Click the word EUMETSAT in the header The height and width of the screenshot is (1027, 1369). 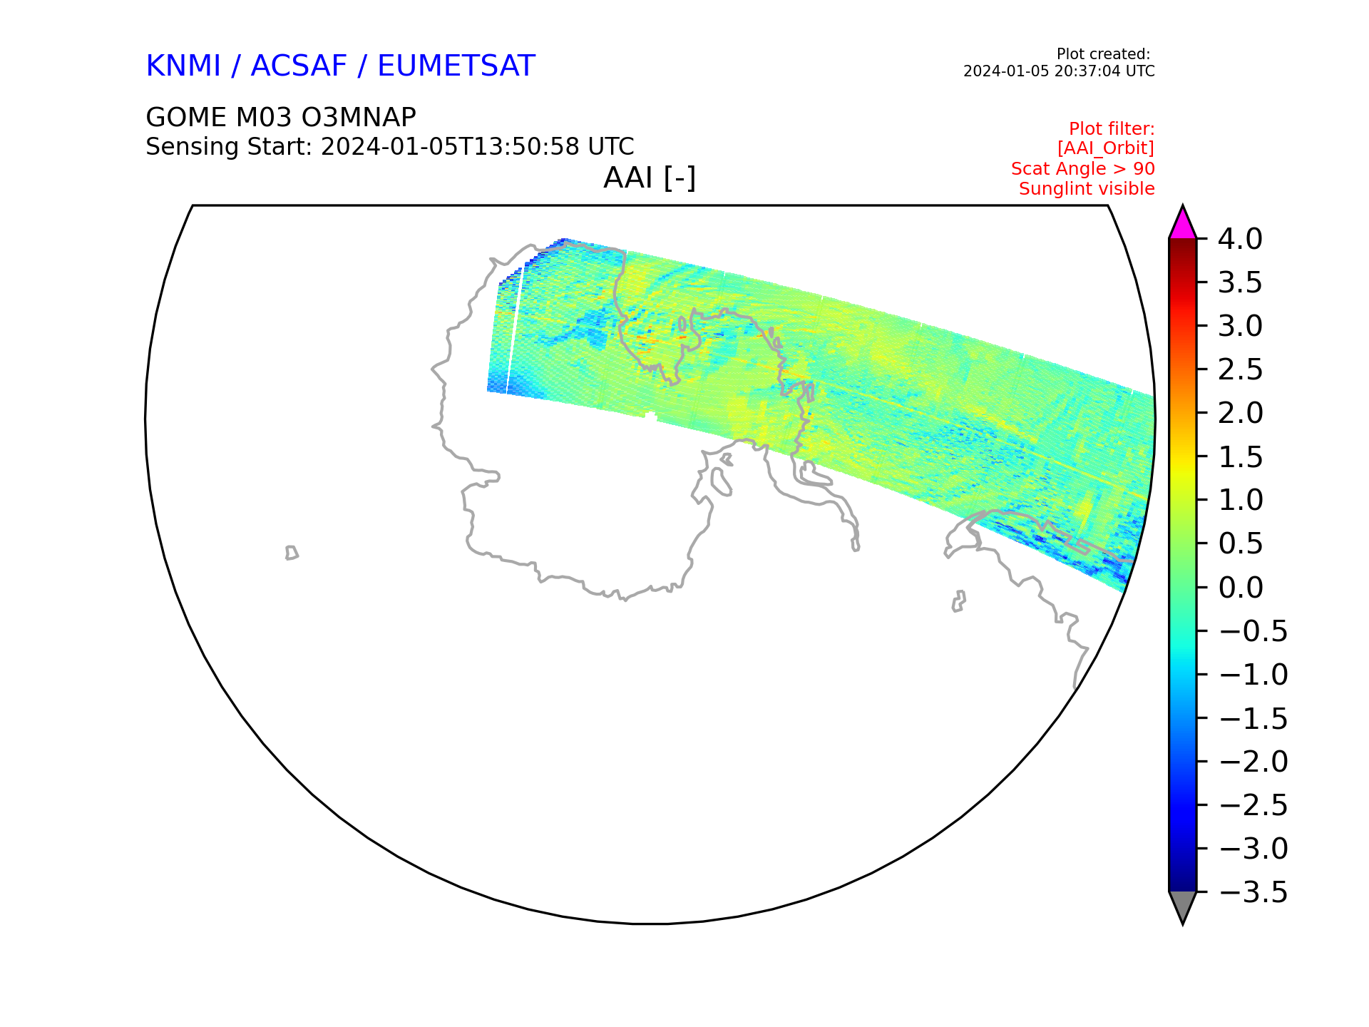(x=456, y=66)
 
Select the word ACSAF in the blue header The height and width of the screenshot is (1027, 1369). (x=299, y=66)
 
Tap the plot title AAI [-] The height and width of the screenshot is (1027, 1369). (x=650, y=178)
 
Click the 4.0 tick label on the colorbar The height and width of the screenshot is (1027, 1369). (x=1240, y=239)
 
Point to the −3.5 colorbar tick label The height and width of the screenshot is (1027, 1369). (x=1253, y=892)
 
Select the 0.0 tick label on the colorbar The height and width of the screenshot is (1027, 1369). (x=1240, y=588)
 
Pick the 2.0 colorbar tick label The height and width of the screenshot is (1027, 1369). (x=1240, y=413)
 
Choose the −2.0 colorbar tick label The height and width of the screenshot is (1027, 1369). (x=1253, y=762)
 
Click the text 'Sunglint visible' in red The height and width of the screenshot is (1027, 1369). (x=1087, y=189)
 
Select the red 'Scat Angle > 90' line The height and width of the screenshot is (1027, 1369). (x=1083, y=169)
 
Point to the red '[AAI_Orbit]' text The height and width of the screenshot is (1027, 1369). (x=1106, y=148)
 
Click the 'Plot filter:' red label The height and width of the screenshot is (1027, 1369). (x=1112, y=129)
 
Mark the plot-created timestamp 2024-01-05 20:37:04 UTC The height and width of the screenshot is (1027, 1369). (x=1059, y=71)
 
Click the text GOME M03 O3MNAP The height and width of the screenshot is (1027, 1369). (x=281, y=117)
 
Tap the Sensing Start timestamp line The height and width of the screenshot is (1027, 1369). (x=390, y=147)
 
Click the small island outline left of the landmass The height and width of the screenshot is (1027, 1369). (x=292, y=553)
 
